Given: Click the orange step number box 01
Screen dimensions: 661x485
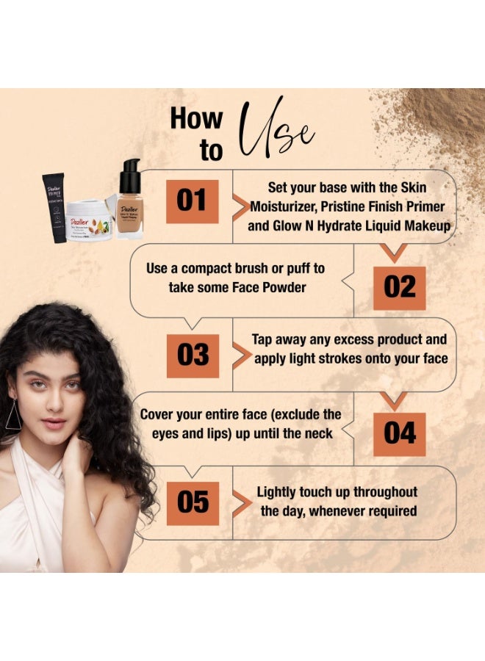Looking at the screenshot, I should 192,201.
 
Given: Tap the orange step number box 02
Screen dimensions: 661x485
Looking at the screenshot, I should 399,287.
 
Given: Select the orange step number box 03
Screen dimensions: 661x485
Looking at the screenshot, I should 193,355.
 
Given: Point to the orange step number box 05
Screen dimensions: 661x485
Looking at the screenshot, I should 193,503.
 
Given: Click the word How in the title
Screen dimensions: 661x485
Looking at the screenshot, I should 196,119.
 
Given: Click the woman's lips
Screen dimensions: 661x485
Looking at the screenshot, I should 53,423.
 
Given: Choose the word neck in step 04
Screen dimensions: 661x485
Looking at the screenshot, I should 317,433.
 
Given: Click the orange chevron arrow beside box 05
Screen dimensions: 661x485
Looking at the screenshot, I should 241,502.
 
